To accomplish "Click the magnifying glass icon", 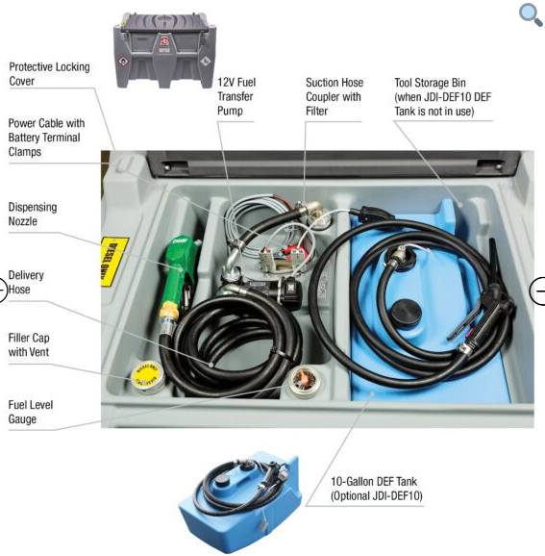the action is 531,14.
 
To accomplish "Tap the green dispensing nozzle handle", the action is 180,270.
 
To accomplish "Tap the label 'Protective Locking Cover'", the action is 49,74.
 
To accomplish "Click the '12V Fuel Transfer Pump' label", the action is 236,96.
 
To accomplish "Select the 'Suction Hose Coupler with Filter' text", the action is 334,96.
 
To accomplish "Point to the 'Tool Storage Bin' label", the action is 430,83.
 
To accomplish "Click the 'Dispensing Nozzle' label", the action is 33,214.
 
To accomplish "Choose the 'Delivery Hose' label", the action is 26,282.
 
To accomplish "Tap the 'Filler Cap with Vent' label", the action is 29,344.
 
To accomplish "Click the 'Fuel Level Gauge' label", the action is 31,412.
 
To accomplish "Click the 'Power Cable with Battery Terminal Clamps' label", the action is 46,138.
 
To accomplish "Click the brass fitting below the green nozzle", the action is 167,313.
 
